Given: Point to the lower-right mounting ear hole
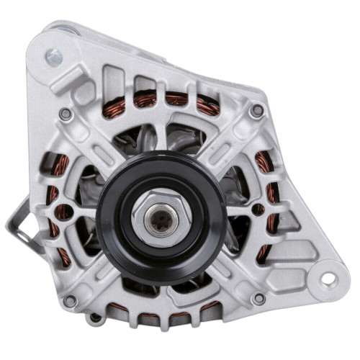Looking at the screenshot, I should pyautogui.click(x=325, y=277).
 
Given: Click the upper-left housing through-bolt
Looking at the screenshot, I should pyautogui.click(x=66, y=113).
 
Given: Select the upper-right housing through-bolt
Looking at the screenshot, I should pyautogui.click(x=257, y=109).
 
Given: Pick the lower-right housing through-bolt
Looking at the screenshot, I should pyautogui.click(x=257, y=297).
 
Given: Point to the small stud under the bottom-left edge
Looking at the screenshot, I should pyautogui.click(x=94, y=317).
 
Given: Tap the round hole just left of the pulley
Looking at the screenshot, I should pyautogui.click(x=64, y=212).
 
